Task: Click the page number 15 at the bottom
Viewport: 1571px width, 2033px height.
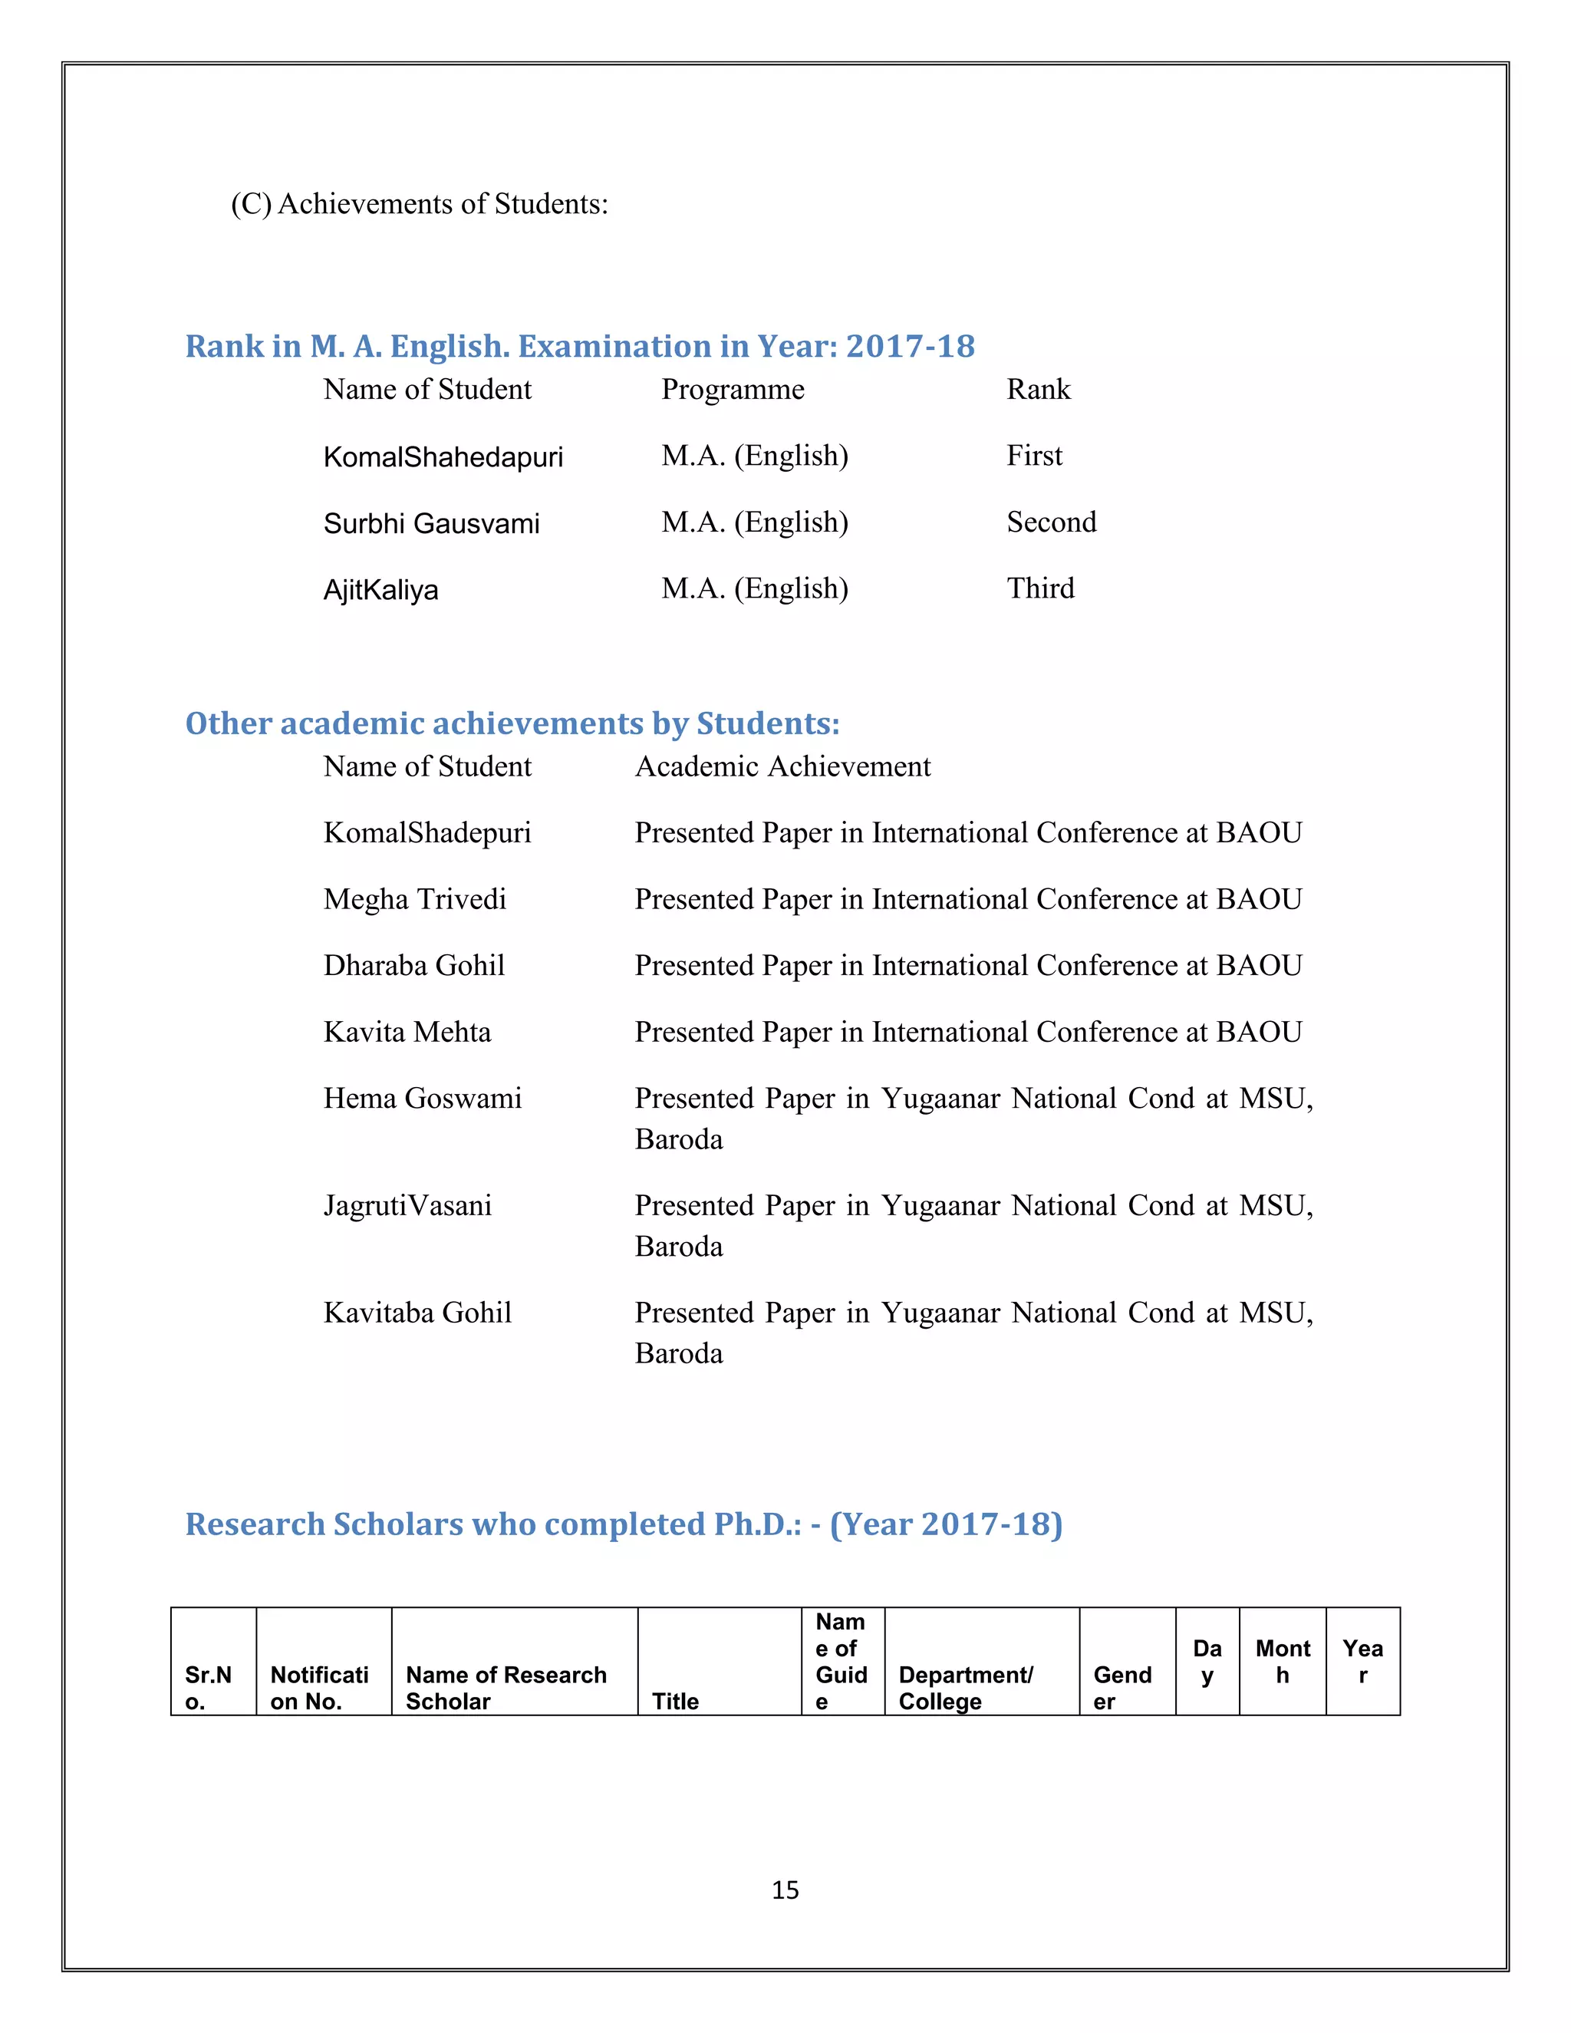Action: (785, 1889)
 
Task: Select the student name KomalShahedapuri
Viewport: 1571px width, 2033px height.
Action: (443, 457)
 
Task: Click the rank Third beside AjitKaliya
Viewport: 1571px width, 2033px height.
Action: (1039, 588)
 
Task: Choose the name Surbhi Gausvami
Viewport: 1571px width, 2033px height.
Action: (431, 523)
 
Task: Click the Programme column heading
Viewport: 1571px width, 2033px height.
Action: (733, 389)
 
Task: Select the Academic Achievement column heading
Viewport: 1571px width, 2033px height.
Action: (782, 766)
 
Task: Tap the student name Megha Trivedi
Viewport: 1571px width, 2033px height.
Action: (414, 899)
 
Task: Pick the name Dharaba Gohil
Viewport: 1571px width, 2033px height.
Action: (413, 965)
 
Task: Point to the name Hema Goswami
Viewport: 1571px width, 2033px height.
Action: (422, 1099)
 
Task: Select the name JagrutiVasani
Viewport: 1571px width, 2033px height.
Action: (407, 1205)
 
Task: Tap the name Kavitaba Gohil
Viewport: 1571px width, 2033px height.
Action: (417, 1313)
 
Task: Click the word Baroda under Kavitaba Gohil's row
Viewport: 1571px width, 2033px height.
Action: (678, 1353)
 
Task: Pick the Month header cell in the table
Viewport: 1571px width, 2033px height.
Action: (1282, 1661)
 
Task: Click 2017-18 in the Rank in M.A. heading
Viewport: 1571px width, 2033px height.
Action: (909, 346)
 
